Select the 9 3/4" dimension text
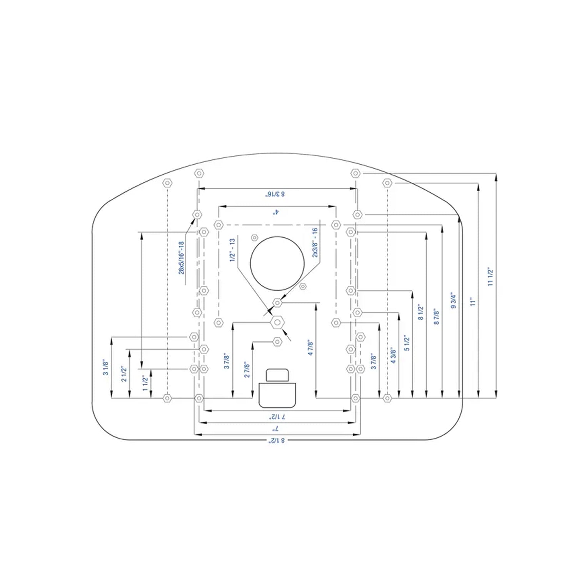454,302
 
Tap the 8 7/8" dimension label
437,317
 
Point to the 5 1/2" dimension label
407,343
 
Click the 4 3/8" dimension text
393,356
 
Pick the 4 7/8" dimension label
311,347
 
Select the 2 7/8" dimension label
247,370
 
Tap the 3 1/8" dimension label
106,368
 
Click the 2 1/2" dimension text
124,374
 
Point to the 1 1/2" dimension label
145,384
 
